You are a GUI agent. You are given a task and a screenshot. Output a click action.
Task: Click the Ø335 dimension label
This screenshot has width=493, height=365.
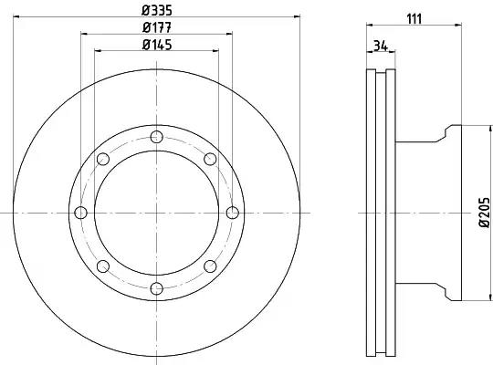[157, 11]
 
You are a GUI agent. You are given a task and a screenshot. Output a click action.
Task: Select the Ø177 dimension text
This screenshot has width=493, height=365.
[157, 27]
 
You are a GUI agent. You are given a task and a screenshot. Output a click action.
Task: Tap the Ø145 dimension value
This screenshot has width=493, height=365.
[157, 45]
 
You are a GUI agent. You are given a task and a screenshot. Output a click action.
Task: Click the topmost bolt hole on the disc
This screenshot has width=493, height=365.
[156, 137]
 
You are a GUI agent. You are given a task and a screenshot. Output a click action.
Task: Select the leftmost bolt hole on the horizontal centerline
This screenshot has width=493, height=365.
[80, 213]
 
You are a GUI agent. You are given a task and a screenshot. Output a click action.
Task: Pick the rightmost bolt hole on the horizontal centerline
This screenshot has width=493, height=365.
[232, 213]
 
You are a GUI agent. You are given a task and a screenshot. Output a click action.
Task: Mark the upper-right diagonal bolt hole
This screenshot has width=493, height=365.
[210, 160]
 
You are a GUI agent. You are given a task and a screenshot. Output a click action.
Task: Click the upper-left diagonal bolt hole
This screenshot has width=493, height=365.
[102, 160]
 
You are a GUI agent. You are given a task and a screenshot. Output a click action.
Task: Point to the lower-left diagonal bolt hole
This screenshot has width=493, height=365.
[102, 266]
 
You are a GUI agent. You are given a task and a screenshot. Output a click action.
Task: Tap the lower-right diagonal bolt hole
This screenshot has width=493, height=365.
[210, 266]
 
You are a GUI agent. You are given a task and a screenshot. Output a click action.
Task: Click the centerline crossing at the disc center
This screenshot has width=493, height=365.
[156, 213]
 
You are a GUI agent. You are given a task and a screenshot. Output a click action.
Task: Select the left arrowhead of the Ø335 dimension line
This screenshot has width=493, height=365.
[16, 18]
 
